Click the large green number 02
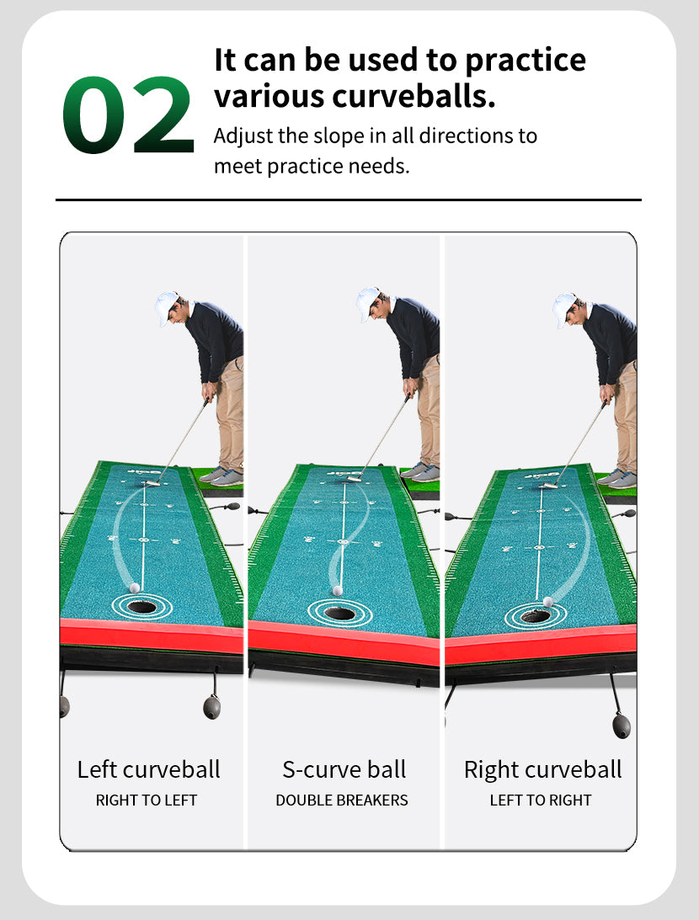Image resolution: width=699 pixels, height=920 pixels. point(128,115)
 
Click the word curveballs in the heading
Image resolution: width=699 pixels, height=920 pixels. point(414,96)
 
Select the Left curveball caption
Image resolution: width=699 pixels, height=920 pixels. point(148,769)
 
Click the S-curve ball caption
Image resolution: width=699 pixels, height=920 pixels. point(344,769)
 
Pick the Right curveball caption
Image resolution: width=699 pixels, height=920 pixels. point(542,769)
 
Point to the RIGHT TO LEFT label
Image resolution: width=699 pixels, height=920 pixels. point(147,800)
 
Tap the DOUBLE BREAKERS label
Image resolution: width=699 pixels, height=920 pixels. point(342,800)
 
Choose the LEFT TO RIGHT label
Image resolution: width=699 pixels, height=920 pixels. point(541,800)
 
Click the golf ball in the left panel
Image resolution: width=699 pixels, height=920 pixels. point(135,588)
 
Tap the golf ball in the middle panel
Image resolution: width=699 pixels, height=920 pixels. point(338,591)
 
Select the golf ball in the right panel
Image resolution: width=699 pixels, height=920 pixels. point(548,601)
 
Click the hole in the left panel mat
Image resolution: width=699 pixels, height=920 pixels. point(142,607)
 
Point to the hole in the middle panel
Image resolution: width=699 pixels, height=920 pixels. point(340,614)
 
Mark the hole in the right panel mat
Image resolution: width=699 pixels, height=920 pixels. point(536,616)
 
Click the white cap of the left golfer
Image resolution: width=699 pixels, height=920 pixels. point(166,306)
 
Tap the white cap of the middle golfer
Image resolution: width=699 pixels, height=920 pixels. point(367,303)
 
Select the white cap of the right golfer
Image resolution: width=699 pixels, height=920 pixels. point(564,309)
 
